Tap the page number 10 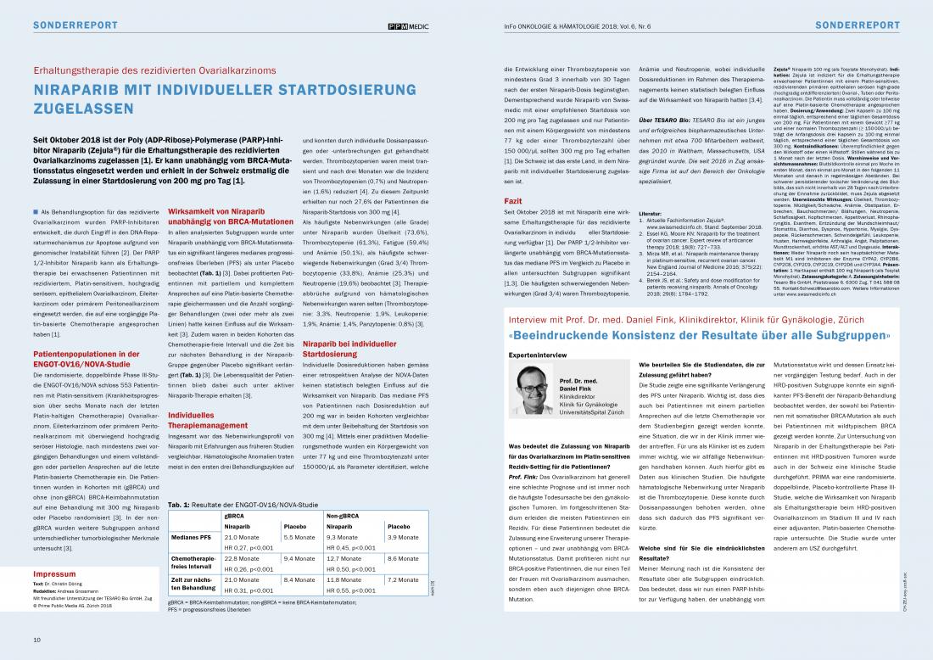[37, 639]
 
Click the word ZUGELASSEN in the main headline [85, 109]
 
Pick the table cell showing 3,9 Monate [402, 537]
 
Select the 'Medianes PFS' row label [193, 537]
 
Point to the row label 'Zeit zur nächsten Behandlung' [193, 584]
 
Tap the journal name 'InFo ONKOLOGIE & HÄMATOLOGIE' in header [559, 25]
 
